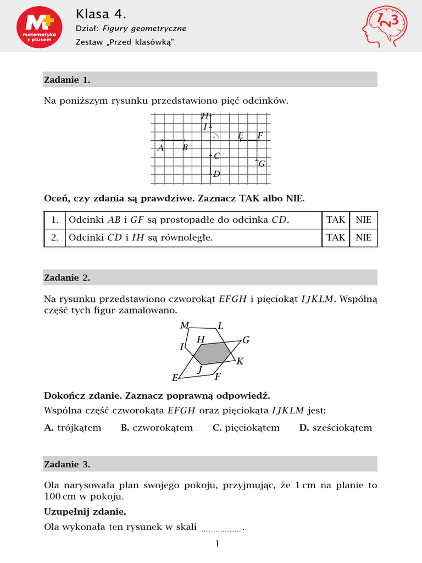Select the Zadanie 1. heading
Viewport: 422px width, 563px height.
(67, 80)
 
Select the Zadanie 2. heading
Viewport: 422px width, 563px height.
(67, 278)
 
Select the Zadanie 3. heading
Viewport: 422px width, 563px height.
(67, 465)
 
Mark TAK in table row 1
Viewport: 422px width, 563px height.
(336, 220)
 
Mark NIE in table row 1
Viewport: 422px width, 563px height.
(363, 220)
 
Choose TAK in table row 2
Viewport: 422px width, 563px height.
(336, 238)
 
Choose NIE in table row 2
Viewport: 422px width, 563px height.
(363, 238)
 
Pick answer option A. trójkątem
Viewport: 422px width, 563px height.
(73, 428)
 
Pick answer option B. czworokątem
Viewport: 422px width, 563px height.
(157, 428)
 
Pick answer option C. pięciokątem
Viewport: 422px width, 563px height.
(246, 428)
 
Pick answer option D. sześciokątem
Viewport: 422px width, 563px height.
(335, 428)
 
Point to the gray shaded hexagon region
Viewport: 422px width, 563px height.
(213, 353)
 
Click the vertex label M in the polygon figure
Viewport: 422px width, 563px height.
(185, 325)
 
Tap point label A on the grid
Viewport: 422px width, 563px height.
(160, 148)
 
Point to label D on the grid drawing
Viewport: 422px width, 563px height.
(216, 174)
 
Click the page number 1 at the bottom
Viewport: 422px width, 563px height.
(217, 545)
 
